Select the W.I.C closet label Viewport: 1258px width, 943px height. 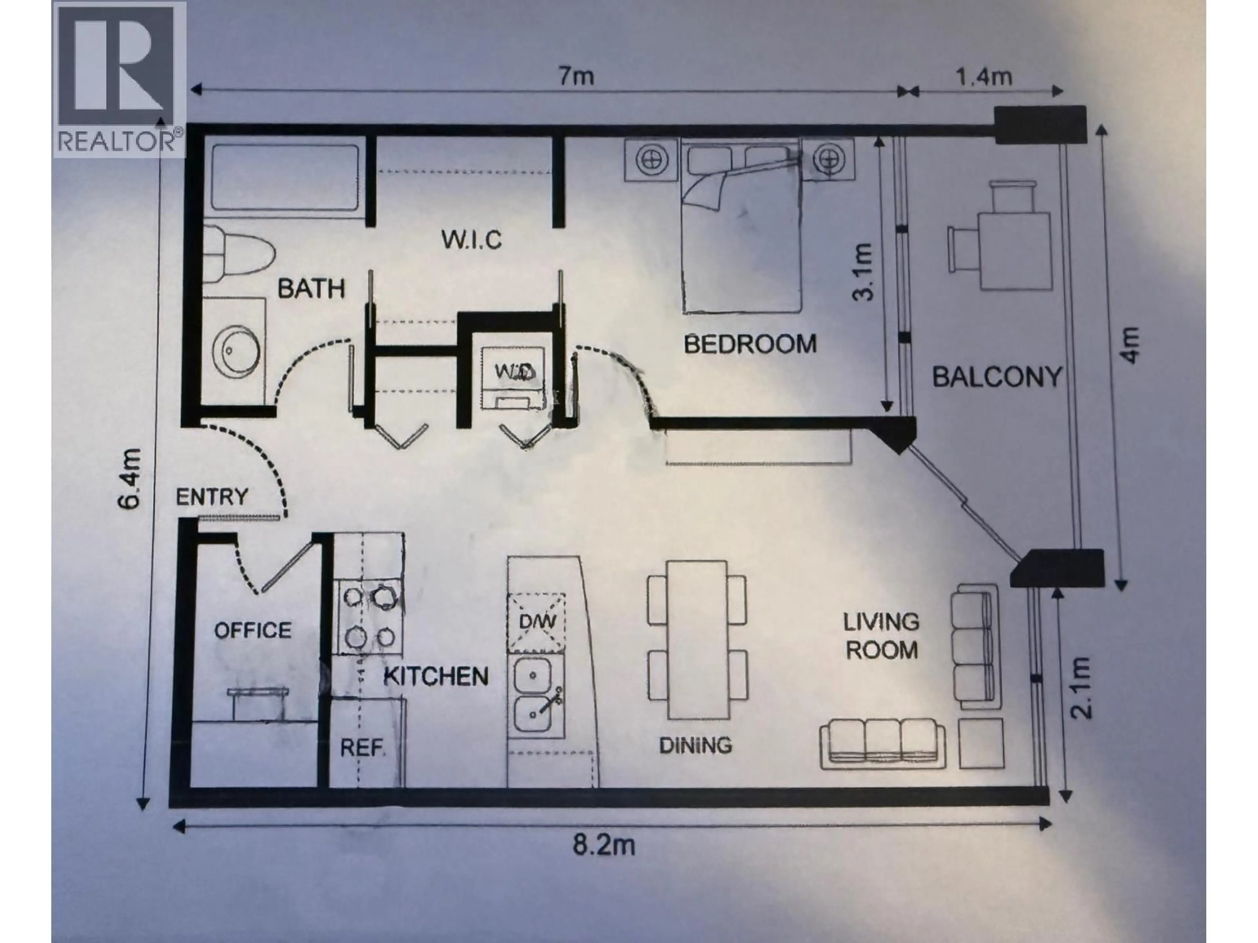pyautogui.click(x=471, y=240)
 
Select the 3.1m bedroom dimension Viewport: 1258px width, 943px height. pyautogui.click(x=863, y=272)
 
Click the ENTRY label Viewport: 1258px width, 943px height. pyautogui.click(x=212, y=497)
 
